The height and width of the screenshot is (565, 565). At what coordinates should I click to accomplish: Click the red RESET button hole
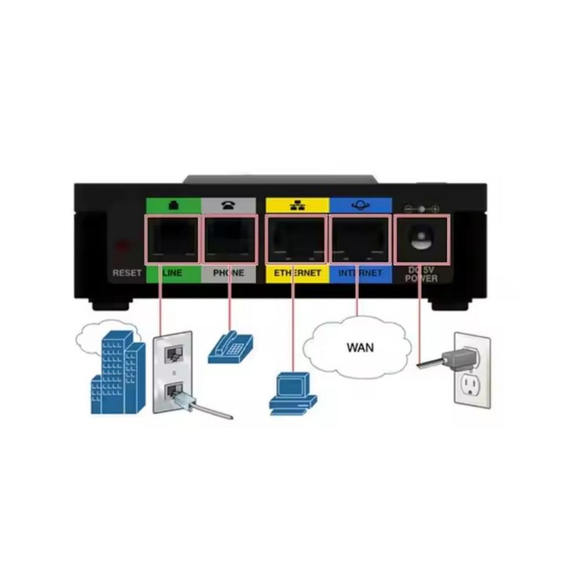pos(122,245)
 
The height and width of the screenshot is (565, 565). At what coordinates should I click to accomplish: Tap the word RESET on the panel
pos(127,274)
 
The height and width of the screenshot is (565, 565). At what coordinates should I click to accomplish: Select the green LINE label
pos(172,274)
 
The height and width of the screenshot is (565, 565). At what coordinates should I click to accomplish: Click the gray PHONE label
pos(228,274)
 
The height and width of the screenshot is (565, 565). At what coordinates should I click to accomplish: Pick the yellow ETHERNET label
pos(297,274)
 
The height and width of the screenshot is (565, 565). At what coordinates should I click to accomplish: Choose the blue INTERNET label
pos(360,274)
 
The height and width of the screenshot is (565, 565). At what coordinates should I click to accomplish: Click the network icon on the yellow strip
pos(297,206)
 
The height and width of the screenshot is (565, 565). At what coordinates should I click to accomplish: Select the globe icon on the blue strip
pos(360,206)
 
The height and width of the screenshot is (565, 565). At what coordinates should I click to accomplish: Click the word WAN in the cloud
pos(360,347)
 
